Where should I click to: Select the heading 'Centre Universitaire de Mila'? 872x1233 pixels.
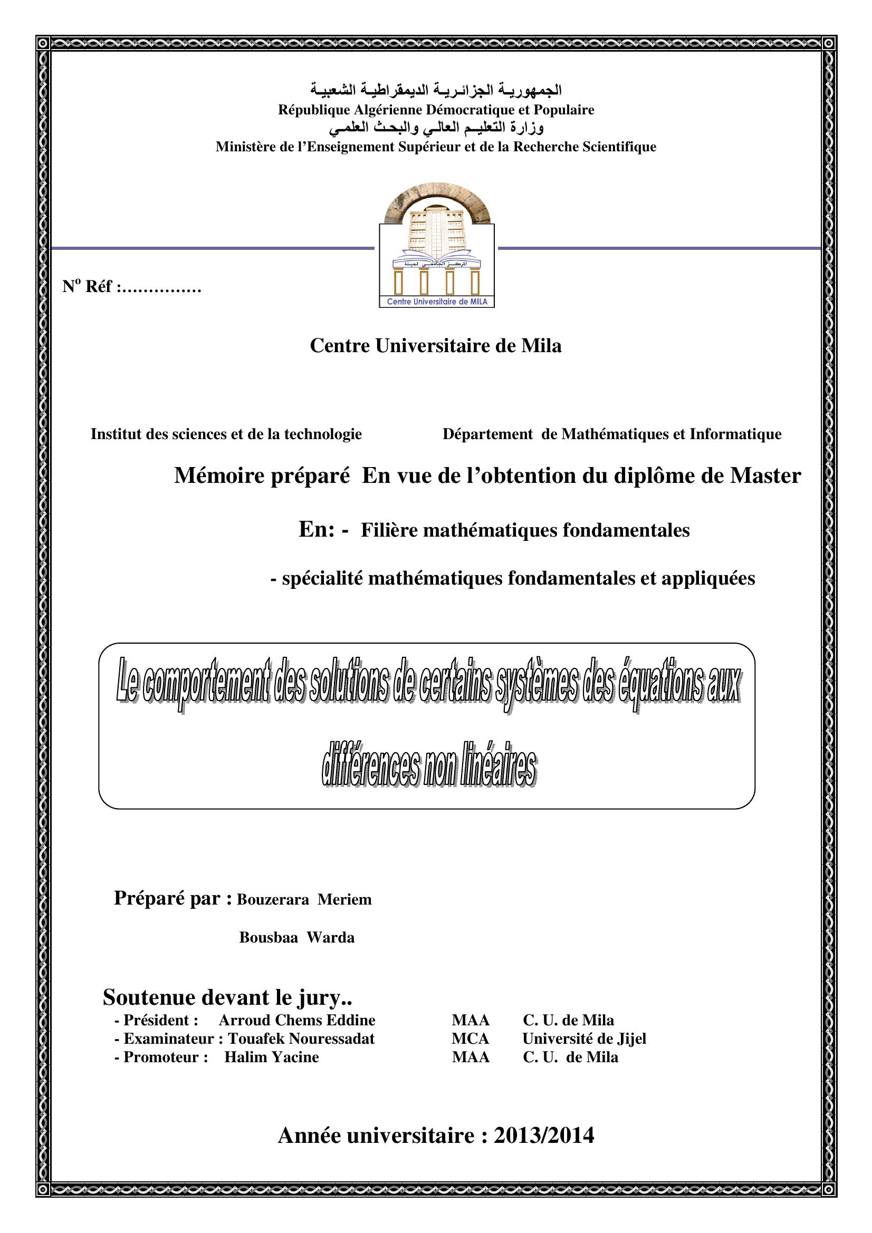click(436, 346)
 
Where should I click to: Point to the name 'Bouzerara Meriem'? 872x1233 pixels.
click(304, 899)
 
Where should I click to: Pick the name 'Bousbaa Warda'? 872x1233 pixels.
click(296, 938)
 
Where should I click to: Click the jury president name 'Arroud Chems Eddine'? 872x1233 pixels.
click(296, 1021)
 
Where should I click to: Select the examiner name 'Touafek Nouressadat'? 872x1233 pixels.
click(301, 1038)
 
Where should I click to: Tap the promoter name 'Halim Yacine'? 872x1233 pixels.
click(271, 1057)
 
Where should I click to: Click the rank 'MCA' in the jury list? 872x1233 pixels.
click(470, 1038)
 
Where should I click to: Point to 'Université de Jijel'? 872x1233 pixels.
click(584, 1038)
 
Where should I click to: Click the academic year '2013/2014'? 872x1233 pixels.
click(544, 1136)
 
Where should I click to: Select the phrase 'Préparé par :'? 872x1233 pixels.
click(173, 898)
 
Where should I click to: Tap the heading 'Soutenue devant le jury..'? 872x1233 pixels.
click(227, 997)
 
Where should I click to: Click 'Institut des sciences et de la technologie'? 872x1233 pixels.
click(226, 434)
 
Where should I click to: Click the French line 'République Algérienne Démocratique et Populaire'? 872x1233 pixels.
click(436, 110)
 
